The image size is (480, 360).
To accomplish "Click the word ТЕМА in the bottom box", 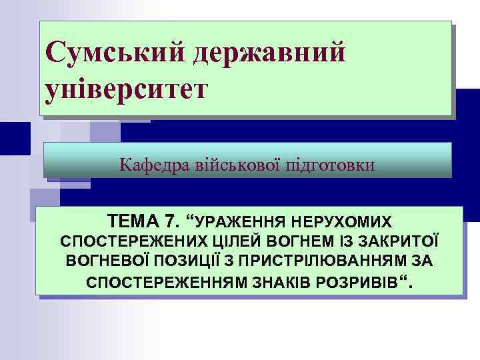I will point(135,221).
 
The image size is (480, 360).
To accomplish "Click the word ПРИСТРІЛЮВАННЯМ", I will point(328,261).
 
